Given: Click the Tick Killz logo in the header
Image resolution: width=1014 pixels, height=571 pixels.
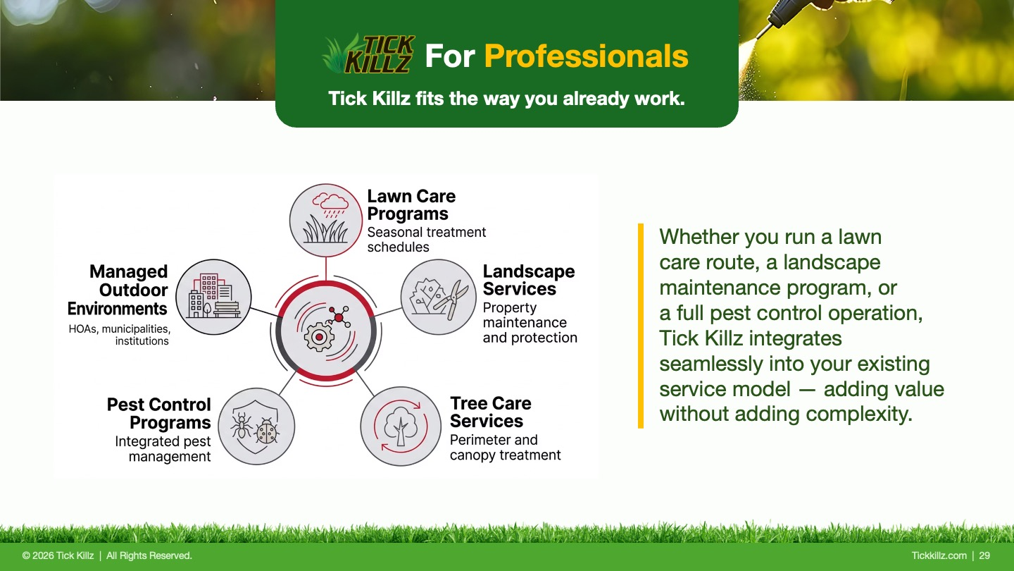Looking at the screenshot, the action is click(x=368, y=54).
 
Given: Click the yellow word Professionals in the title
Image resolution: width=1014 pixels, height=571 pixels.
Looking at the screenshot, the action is click(x=586, y=56).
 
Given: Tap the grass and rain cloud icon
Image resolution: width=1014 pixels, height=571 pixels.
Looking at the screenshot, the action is click(x=326, y=220).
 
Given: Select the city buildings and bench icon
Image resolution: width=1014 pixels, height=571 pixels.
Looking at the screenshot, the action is click(x=213, y=297).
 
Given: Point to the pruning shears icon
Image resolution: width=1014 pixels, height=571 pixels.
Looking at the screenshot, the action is click(x=438, y=297).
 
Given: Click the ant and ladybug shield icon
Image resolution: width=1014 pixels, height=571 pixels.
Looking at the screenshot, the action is click(x=256, y=426).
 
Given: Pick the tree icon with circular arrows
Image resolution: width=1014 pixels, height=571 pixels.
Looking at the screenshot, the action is click(x=401, y=426).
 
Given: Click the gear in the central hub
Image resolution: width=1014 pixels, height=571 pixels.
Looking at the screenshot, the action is click(x=319, y=337).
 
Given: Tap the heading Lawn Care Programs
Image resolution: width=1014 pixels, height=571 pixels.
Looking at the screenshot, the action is click(x=411, y=205).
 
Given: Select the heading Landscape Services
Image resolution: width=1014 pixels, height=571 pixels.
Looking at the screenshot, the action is click(x=529, y=280).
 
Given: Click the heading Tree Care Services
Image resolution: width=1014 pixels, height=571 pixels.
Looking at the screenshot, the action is click(x=491, y=412).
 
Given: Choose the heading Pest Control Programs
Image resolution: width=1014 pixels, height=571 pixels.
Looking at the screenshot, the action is click(x=159, y=413).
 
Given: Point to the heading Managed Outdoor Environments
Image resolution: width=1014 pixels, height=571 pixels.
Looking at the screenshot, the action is click(x=118, y=290).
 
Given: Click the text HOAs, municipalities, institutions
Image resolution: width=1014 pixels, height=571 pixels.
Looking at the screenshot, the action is click(x=120, y=335).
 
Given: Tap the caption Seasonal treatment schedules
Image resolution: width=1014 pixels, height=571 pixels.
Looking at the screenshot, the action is click(x=427, y=239).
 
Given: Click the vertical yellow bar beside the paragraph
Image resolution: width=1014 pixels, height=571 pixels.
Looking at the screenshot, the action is click(x=641, y=326).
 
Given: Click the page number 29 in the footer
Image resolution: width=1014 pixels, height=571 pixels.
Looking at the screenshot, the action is click(x=984, y=555).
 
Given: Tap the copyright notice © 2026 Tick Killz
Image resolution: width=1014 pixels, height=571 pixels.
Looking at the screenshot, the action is click(x=58, y=555).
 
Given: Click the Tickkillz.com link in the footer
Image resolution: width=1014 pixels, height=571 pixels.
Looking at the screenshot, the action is click(x=939, y=555).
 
